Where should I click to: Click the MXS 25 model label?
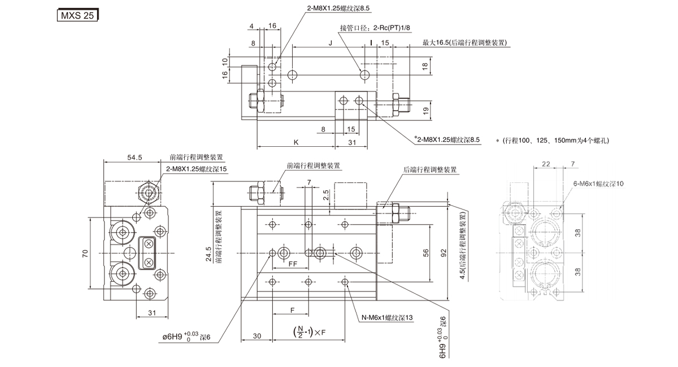77,16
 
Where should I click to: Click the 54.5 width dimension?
134,158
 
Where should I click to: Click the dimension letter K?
295,143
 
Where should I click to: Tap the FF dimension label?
293,263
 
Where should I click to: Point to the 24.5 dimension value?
208,255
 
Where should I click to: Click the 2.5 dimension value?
326,196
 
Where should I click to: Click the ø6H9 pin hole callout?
186,337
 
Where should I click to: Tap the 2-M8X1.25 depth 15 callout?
197,169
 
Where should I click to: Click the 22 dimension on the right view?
546,164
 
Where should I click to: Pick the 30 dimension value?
257,337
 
